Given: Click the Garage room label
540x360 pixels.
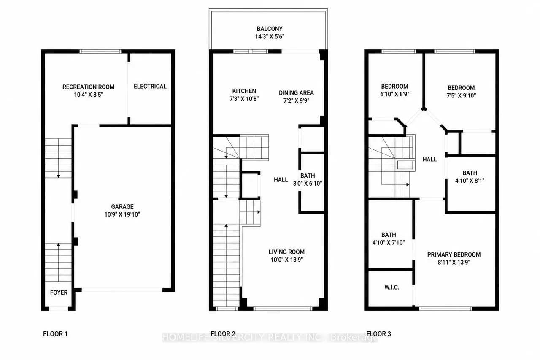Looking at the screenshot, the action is coord(122,207).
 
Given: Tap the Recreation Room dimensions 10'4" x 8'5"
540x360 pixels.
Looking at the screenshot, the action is coord(89,95).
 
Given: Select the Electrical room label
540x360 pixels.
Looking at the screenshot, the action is coord(150,87).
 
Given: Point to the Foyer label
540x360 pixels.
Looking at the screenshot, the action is coord(59,292).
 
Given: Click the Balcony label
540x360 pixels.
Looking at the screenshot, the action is coord(270,29).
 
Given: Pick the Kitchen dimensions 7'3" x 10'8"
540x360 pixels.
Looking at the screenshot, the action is coord(244,99).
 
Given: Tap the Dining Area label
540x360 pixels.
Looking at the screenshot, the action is coord(296,93).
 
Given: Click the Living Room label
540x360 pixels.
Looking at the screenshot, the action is coord(286,252).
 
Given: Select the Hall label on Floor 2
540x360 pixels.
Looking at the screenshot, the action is coord(281,180).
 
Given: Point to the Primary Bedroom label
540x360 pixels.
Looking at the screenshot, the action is coord(454,254).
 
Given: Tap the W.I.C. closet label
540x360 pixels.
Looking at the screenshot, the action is coord(392,287).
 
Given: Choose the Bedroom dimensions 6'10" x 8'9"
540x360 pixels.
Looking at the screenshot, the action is coord(395,94).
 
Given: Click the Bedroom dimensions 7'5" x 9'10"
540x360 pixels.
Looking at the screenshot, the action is coord(461,95).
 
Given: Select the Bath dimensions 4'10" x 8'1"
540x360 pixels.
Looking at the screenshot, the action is coord(470,181).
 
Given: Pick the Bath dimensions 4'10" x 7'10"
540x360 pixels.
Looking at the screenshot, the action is coord(389,242).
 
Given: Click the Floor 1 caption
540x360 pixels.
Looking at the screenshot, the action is coord(55,334).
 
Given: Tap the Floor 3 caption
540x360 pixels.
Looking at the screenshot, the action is coord(378,334).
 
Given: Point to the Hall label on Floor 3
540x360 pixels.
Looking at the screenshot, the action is coord(429,159).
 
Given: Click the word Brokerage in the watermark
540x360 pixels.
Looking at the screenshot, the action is coord(354,338).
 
